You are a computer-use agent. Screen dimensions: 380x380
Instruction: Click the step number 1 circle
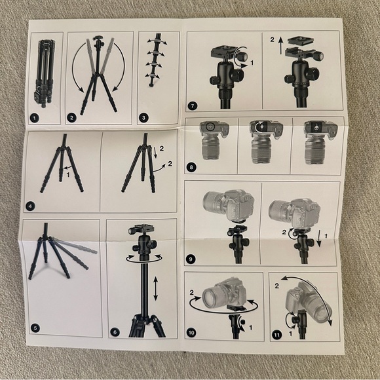click(x=33, y=118)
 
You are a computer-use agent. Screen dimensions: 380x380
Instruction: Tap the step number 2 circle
click(x=72, y=118)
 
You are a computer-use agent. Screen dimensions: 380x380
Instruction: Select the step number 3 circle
click(x=144, y=118)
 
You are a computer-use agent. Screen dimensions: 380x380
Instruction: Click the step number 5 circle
click(x=35, y=328)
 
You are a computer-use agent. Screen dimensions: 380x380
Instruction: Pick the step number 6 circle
click(x=115, y=332)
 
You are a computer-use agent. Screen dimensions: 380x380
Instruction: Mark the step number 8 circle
click(x=191, y=168)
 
